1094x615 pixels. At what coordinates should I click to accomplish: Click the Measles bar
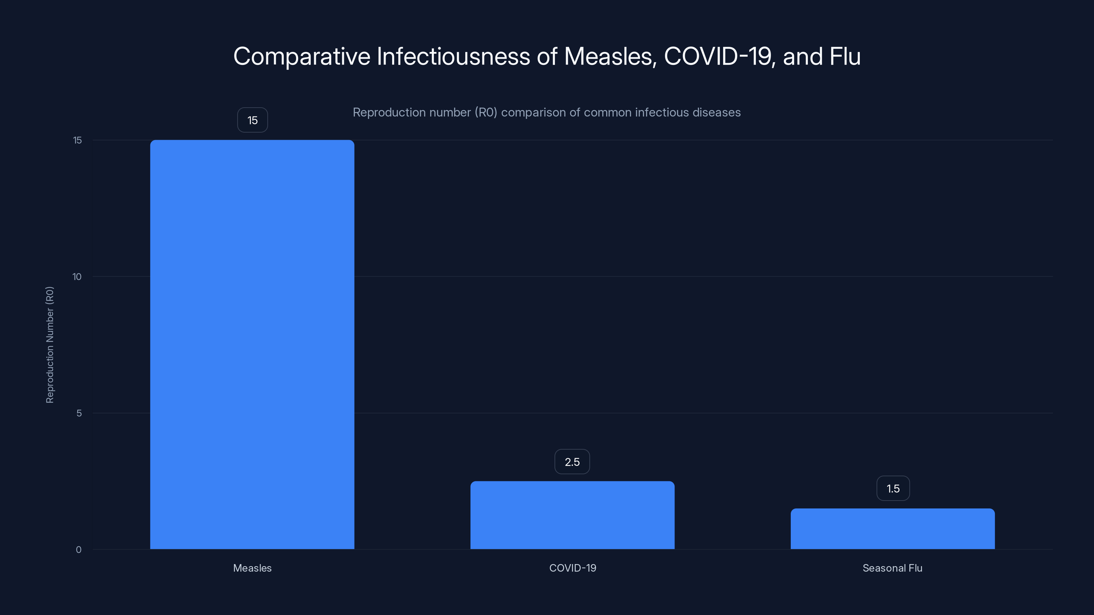[252, 344]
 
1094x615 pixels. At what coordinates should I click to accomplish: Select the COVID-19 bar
[572, 515]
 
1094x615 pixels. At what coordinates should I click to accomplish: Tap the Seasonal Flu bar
[892, 529]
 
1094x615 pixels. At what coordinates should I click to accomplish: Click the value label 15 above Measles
[252, 120]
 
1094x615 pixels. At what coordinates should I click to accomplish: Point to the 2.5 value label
[572, 462]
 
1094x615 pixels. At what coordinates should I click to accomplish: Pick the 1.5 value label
[893, 489]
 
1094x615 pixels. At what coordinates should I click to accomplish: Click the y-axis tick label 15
[77, 140]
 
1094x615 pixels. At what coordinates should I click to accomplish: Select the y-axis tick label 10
[77, 277]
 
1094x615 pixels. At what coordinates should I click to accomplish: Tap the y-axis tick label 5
[79, 413]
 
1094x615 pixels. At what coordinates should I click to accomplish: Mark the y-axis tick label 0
[79, 550]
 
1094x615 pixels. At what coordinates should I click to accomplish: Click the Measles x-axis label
[252, 568]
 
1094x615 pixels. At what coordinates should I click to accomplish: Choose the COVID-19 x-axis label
[573, 568]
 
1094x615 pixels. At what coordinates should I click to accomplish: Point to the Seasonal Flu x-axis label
[892, 568]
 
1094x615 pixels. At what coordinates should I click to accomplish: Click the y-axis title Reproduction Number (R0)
[50, 345]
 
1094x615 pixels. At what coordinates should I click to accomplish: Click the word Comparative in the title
[302, 56]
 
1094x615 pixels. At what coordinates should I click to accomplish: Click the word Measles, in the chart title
[610, 56]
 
